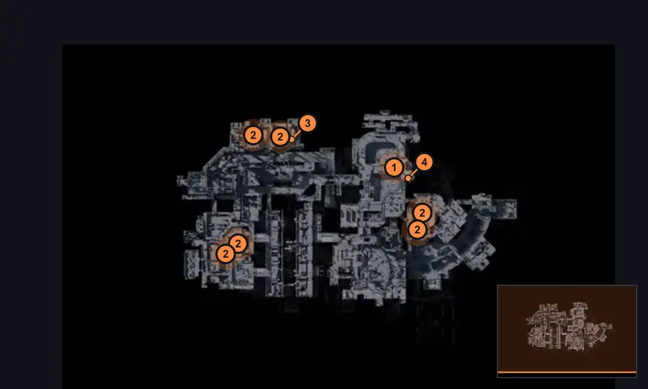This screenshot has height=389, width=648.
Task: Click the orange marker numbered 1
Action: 394,168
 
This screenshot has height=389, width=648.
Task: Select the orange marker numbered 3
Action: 307,123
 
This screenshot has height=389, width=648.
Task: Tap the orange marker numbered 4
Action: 424,163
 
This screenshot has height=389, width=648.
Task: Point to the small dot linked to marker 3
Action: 292,139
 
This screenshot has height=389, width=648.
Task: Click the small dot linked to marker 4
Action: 408,178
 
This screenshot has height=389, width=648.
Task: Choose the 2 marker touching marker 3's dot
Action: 280,136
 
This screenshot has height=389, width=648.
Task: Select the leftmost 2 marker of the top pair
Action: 253,135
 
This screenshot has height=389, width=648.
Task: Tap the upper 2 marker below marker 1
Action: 422,213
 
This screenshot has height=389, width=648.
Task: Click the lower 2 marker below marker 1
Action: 417,230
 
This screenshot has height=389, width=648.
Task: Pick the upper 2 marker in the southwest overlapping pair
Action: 238,244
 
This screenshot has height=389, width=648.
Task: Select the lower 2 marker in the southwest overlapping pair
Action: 225,254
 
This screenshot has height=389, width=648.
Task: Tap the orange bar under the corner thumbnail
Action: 567,373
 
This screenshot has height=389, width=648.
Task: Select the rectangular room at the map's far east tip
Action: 505,208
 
